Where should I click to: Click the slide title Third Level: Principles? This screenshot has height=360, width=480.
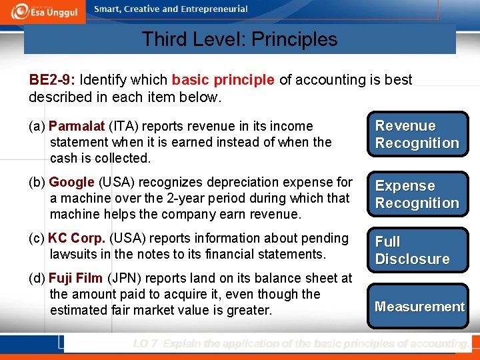[x=239, y=39]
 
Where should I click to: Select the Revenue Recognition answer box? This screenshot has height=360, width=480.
[x=417, y=135]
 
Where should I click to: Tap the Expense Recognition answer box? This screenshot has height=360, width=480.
[x=417, y=195]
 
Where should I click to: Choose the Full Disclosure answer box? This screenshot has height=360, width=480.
[x=417, y=250]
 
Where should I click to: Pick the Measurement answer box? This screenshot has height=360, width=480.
[x=419, y=307]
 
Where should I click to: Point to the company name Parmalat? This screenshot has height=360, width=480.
[x=77, y=126]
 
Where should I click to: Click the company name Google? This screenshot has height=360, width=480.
[x=71, y=182]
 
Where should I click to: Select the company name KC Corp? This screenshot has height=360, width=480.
[x=77, y=238]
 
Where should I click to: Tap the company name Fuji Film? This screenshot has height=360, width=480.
[x=75, y=278]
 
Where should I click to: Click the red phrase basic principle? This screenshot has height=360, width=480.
[x=223, y=80]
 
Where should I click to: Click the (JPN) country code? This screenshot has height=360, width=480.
[x=123, y=278]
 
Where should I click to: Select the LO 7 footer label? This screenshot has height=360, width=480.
[x=145, y=344]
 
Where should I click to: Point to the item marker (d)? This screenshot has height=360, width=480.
[x=37, y=278]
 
